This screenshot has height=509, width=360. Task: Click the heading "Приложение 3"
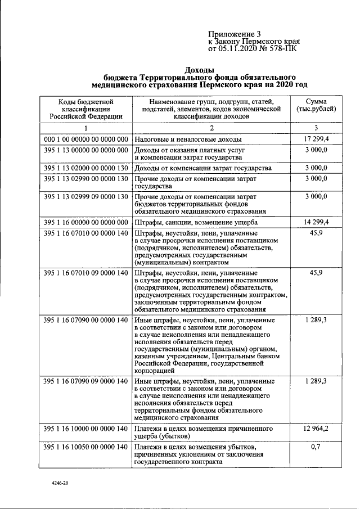[235, 34]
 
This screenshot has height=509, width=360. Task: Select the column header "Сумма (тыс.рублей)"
[316, 105]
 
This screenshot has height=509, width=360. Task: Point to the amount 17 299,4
[316, 138]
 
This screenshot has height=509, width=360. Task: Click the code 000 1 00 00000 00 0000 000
[85, 139]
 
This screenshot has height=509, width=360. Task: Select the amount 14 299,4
[316, 222]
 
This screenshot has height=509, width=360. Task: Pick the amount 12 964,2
[316, 430]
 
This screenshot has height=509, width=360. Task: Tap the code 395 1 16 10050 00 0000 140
[85, 447]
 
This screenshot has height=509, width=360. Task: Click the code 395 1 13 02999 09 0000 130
[85, 197]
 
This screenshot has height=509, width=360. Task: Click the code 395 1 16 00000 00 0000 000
[85, 223]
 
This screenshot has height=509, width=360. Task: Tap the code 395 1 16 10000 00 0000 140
[85, 430]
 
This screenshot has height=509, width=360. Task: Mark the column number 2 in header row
[211, 128]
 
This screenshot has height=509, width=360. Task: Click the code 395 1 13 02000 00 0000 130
[85, 168]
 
